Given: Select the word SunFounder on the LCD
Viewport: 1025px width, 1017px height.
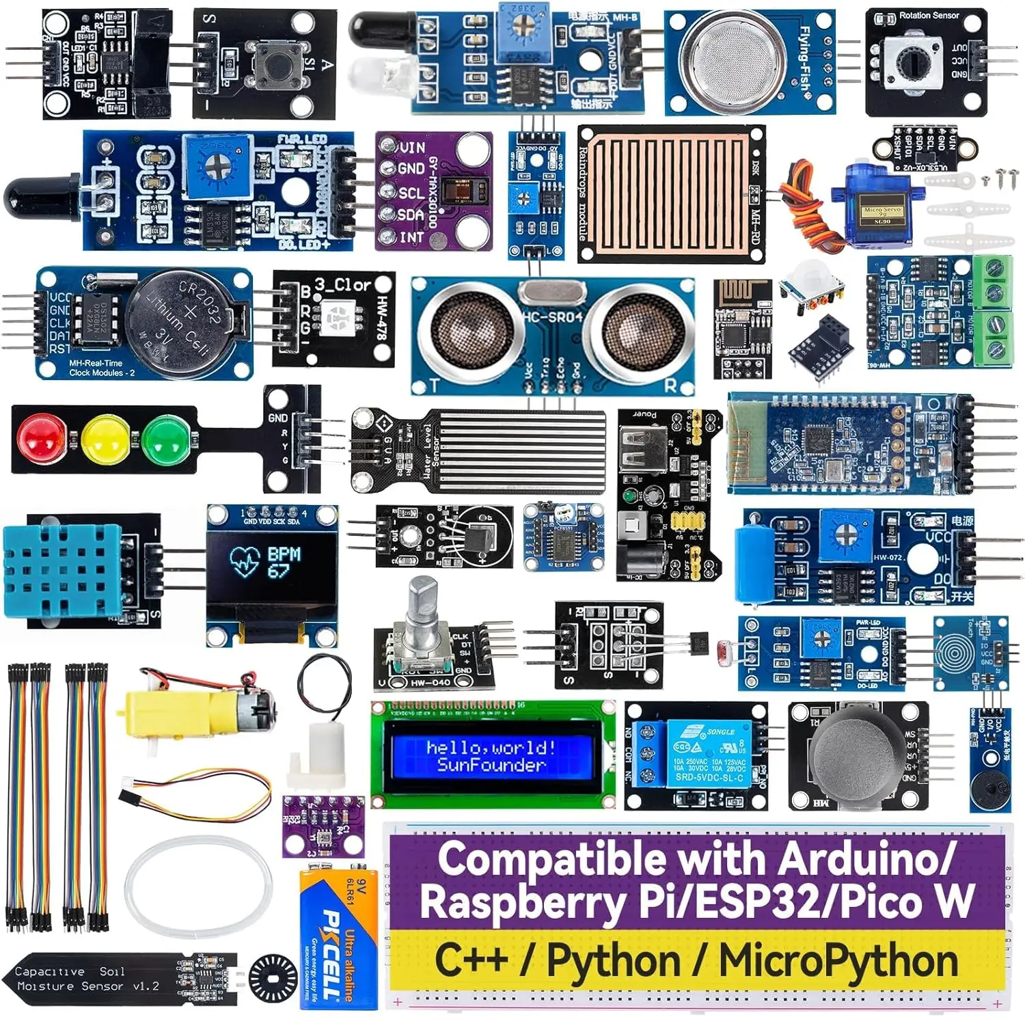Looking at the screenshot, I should tap(491, 765).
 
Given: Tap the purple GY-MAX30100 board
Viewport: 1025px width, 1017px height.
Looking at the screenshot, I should tap(434, 192).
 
